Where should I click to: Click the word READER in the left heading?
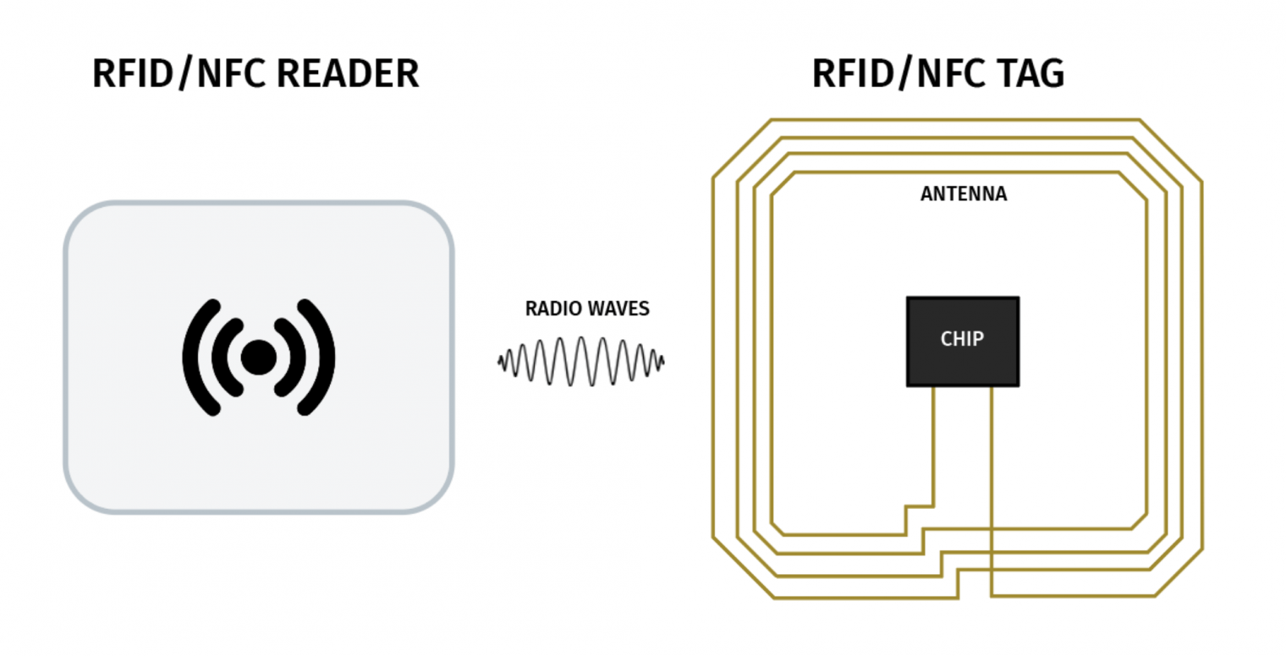tap(348, 74)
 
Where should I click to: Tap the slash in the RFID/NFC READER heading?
tap(185, 74)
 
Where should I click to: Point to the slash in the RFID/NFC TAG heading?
tap(905, 74)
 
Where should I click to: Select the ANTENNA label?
tap(963, 194)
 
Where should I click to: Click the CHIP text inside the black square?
tap(962, 339)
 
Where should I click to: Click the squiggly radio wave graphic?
tap(580, 362)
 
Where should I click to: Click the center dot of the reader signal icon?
tap(258, 358)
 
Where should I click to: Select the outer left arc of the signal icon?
tap(195, 358)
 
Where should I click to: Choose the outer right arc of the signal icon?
tap(321, 358)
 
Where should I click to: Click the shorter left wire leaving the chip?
tap(933, 444)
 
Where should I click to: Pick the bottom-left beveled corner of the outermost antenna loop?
tap(743, 567)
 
